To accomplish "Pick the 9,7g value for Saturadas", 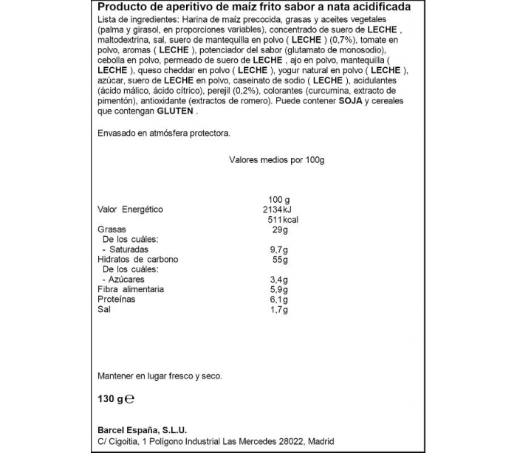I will [x=281, y=250].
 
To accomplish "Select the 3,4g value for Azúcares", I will [x=281, y=280].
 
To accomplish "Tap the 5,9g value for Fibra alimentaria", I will [x=281, y=290].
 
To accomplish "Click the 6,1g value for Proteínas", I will [x=281, y=300].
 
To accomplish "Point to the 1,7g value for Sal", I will [x=281, y=311].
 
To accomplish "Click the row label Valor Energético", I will [x=130, y=210].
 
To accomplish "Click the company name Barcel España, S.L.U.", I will [x=142, y=431].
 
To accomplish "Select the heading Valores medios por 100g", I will [x=277, y=160].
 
